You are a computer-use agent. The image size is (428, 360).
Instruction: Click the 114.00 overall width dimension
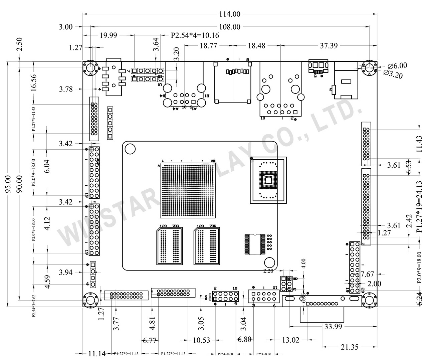tap(230, 14)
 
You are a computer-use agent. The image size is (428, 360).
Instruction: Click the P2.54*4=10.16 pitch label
tap(195, 35)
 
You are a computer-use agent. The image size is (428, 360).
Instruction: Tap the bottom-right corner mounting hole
tap(369, 300)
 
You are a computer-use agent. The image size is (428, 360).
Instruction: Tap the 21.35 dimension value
tap(350, 347)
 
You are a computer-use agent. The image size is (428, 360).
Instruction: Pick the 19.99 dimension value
tap(109, 35)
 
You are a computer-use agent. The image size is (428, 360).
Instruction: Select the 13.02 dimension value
tap(290, 340)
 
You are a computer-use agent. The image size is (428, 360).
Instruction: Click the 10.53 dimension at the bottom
tap(202, 340)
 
